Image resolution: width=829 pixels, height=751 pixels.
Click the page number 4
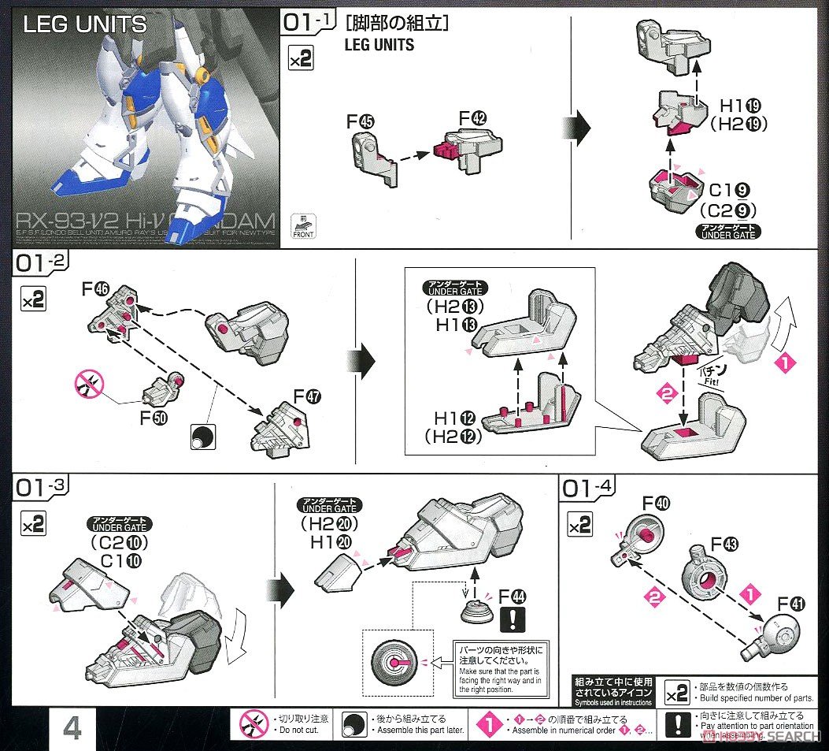(71, 729)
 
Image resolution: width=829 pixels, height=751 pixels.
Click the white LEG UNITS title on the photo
(85, 24)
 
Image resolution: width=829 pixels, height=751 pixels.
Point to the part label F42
(473, 119)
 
